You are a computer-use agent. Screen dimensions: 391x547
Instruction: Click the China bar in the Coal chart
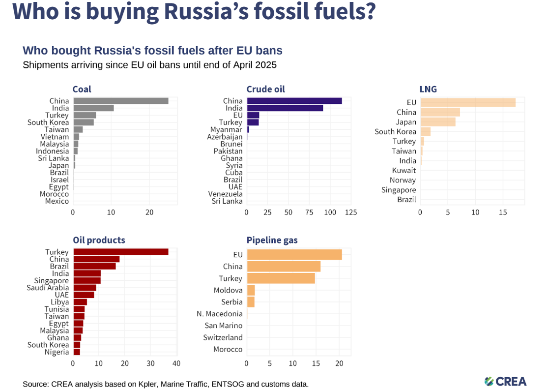(120, 101)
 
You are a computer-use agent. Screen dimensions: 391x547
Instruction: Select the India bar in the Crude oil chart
(285, 108)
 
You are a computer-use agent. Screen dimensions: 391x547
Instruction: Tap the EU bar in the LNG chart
(467, 102)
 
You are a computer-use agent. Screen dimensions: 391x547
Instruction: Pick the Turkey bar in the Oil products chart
(120, 252)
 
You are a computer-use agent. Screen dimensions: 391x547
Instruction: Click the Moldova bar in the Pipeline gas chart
(251, 290)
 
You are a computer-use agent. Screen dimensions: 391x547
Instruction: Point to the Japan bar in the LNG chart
(437, 122)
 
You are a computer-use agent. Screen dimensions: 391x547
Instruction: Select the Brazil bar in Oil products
(94, 266)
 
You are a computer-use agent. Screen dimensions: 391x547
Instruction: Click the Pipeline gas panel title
(272, 240)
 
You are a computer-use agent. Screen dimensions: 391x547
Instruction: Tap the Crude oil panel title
(265, 89)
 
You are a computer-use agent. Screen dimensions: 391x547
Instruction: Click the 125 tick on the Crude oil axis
(351, 212)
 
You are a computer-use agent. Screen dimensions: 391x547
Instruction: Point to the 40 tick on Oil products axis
(176, 363)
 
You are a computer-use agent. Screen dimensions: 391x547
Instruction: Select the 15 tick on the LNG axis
(503, 212)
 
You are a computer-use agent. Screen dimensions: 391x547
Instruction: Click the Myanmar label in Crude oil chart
(226, 129)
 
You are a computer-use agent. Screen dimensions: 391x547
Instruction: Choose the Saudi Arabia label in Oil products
(48, 288)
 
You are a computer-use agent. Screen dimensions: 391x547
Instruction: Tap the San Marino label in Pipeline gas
(224, 326)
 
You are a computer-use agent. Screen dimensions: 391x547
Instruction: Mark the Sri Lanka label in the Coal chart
(54, 158)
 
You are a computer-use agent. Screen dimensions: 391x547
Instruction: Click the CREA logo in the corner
(505, 381)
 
